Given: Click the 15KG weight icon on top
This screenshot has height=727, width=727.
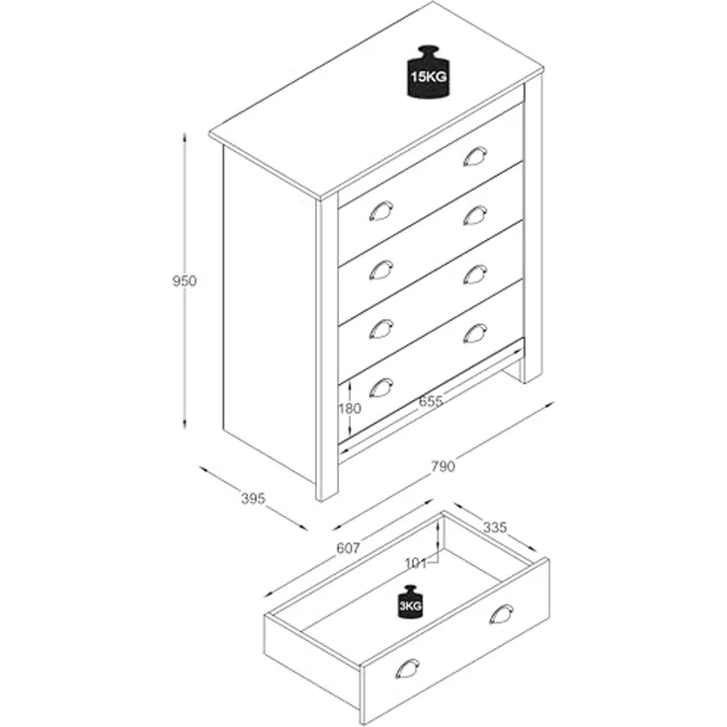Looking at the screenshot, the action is [x=428, y=72].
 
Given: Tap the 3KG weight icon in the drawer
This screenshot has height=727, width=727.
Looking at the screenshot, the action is [x=410, y=602].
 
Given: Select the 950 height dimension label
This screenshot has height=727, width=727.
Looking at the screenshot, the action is [x=185, y=281].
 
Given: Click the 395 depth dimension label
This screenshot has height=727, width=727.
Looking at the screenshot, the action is [x=253, y=499].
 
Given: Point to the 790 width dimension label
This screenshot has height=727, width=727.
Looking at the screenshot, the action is [x=444, y=466].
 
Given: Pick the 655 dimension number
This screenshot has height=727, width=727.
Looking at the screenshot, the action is [x=431, y=401].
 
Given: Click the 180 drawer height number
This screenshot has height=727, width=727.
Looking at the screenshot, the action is [x=349, y=409].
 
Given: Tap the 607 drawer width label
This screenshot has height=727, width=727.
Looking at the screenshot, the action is [x=348, y=548].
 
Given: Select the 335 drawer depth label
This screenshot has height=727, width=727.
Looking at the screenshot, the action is [x=495, y=527].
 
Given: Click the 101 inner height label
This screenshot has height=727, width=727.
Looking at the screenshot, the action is [x=416, y=563].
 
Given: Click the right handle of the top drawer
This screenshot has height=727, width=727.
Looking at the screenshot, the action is [x=475, y=156].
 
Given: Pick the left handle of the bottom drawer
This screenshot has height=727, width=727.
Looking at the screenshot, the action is [x=381, y=387].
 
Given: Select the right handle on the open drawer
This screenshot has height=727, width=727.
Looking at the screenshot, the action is [x=501, y=613].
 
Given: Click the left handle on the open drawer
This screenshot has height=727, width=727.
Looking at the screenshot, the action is [x=408, y=668].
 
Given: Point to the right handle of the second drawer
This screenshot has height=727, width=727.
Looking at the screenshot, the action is [x=475, y=215].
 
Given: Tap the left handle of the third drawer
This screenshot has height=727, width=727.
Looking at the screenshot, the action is [x=381, y=329].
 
